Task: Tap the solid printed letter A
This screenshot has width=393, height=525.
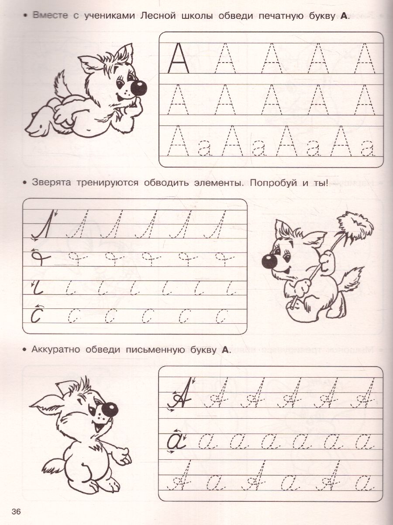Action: [178, 58]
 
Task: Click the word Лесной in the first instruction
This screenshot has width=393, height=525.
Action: [158, 16]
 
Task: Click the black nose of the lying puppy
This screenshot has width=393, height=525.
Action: [138, 87]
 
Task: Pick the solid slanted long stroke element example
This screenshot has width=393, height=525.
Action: [43, 224]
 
